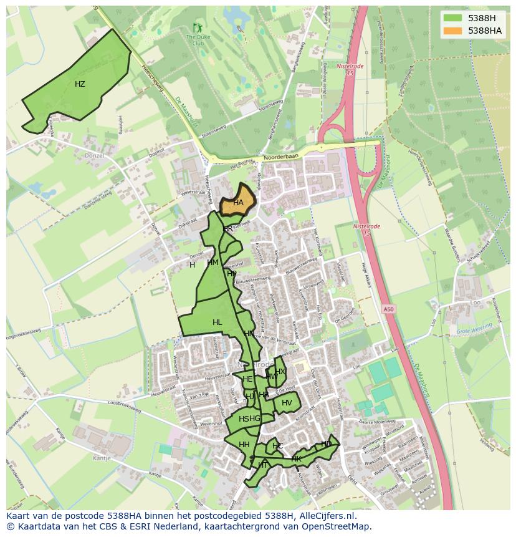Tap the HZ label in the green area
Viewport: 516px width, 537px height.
pos(80,84)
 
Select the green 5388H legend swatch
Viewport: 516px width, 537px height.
pos(453,17)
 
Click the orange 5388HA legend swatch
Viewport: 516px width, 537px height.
pos(453,31)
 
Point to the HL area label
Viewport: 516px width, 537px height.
pos(217,322)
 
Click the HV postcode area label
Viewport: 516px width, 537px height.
pos(287,403)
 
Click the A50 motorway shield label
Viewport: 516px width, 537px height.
pos(389,309)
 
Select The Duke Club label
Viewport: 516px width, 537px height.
pos(198,41)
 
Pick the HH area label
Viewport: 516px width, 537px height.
pos(244,445)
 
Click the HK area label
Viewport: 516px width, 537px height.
pos(296,459)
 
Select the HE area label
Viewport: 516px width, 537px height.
pos(247,379)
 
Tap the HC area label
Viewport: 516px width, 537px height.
pos(277,446)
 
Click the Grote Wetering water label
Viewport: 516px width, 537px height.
pos(474,331)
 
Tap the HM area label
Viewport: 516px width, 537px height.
pos(213,263)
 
